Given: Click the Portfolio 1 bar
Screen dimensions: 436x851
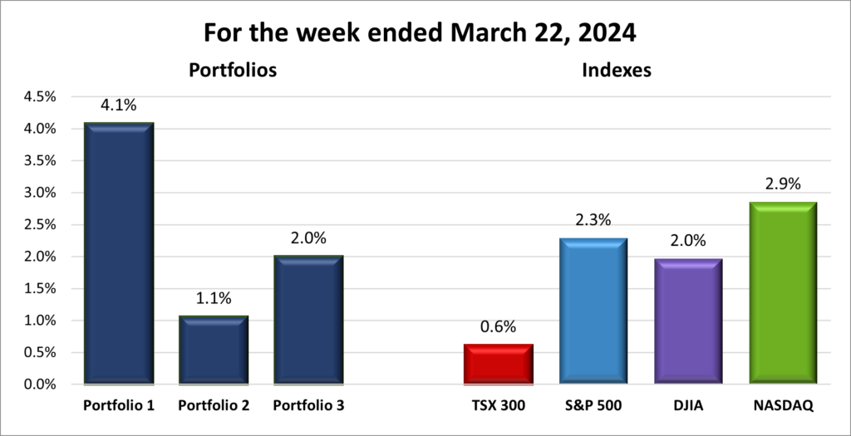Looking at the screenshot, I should click(x=118, y=253).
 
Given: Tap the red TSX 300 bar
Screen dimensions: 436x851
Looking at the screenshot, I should click(x=497, y=365).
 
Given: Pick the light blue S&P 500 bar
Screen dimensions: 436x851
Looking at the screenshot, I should click(x=593, y=311).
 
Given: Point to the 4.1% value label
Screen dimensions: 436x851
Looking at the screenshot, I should click(x=119, y=105).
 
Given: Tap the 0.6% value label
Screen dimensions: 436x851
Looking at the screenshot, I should click(x=498, y=327).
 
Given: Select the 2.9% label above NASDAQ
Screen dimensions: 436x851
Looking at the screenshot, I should click(x=783, y=184).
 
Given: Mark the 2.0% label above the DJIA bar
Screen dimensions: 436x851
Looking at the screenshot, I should click(x=688, y=242).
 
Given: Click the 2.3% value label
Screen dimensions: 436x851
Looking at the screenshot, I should click(x=593, y=221).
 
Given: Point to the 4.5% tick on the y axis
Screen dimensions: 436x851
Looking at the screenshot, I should click(x=40, y=96).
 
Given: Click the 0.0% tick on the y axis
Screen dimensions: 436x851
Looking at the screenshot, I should click(x=40, y=385).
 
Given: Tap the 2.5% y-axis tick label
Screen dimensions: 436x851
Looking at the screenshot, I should click(x=40, y=224).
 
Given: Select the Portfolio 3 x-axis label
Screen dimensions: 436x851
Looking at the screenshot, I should click(x=308, y=406).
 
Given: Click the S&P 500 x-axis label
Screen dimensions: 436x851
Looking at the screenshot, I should click(x=593, y=406).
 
